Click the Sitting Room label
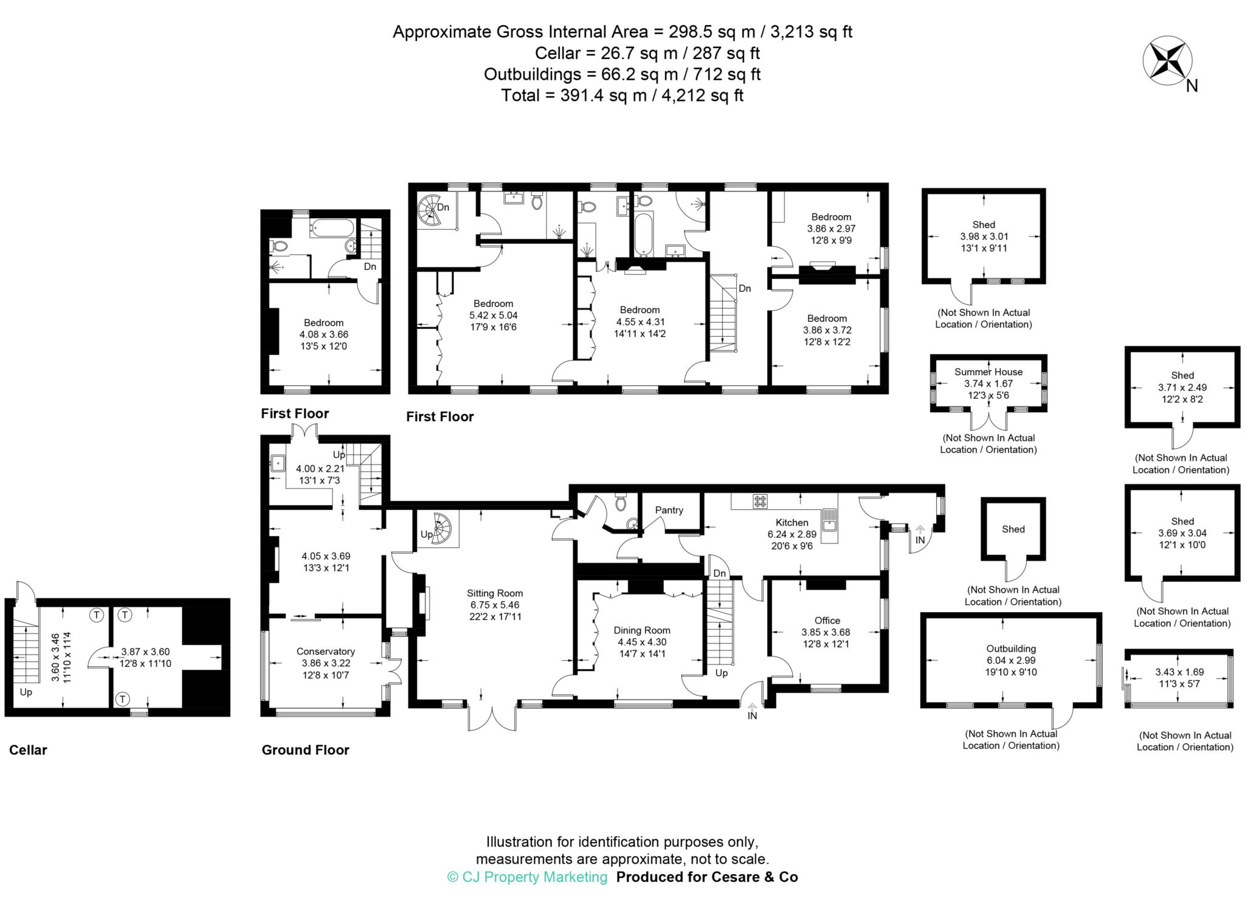tap(495, 593)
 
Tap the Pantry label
tap(669, 510)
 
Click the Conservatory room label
tap(326, 652)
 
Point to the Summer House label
tap(988, 372)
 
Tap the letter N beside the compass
tap(1192, 86)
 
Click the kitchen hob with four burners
tap(760, 501)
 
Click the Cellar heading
tap(28, 750)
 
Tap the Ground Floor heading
tap(305, 750)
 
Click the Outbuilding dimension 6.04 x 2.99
tap(1011, 660)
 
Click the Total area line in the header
tap(622, 95)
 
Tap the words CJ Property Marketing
tap(527, 877)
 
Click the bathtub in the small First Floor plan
tap(331, 229)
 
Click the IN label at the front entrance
tap(752, 715)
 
